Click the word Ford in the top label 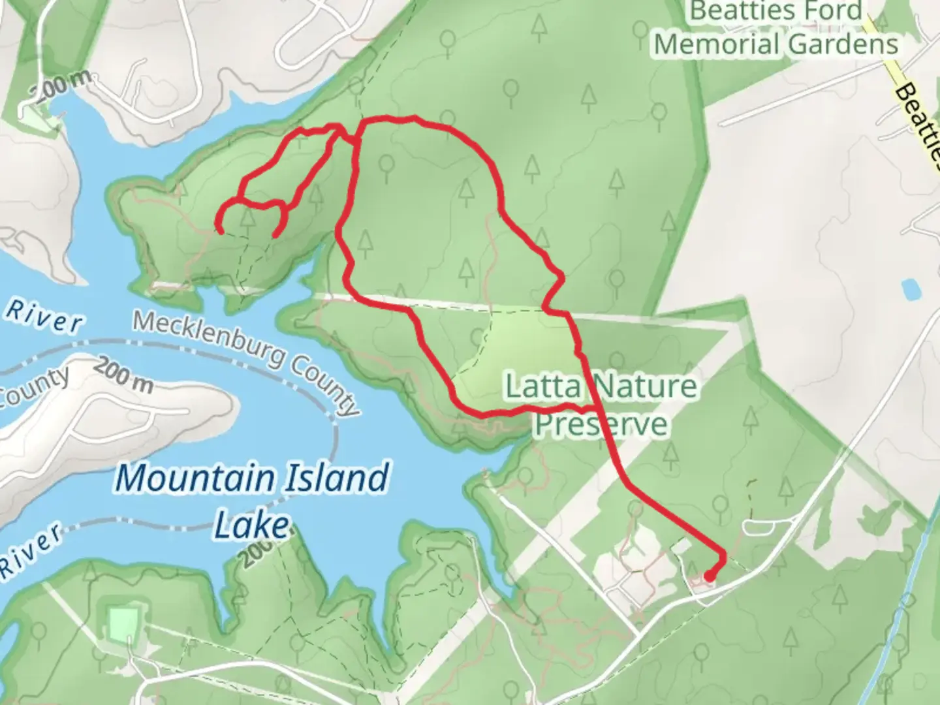825,12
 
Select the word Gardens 843,44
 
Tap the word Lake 252,525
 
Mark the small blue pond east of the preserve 908,289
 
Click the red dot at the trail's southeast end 709,576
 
